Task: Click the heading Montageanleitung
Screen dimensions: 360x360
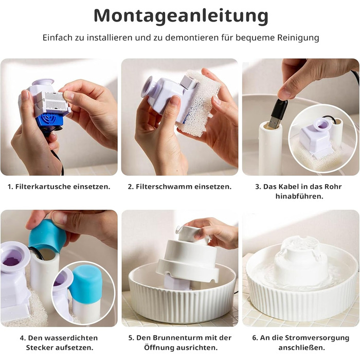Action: point(181,16)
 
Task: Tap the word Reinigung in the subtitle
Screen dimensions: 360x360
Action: point(298,38)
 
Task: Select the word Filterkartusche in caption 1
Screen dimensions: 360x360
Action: point(43,186)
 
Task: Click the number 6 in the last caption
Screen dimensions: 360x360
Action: point(254,338)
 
